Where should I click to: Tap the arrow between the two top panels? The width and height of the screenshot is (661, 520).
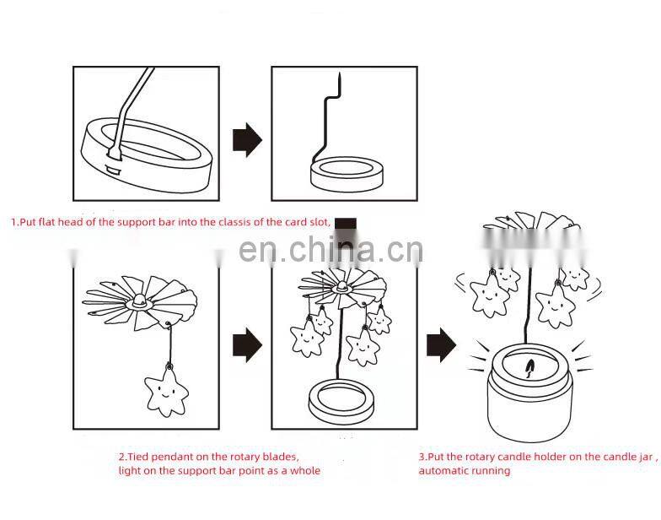coord(247,140)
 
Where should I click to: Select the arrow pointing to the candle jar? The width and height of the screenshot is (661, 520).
coord(441,344)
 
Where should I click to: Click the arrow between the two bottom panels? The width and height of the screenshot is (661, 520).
coord(247,344)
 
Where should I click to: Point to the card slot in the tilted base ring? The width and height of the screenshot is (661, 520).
coord(113,170)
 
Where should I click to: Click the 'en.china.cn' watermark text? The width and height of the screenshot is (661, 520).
coord(330,250)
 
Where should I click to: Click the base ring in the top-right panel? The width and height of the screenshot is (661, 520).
coord(346,173)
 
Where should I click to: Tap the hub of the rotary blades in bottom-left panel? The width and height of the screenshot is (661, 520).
coord(138,302)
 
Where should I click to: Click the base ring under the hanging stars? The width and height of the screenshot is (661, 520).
coord(341,398)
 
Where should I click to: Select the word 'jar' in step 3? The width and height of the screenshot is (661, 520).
coord(646,458)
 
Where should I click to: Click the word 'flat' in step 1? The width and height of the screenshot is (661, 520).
coord(46,222)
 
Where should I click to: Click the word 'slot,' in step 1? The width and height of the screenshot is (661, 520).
coord(319,222)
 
